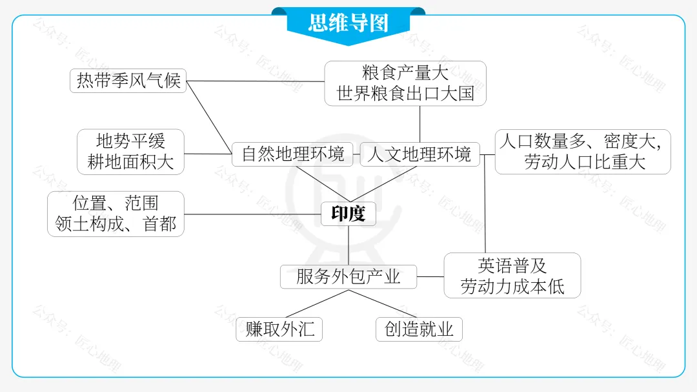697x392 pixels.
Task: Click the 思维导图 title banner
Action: tap(348, 23)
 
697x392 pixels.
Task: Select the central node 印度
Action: tap(348, 214)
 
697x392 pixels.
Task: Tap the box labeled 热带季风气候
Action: tap(128, 81)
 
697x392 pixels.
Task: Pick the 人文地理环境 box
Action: tap(419, 154)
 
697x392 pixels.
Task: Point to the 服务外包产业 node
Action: tap(348, 277)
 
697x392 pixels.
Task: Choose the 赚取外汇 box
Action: tap(279, 329)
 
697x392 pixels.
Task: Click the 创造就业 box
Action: tap(419, 329)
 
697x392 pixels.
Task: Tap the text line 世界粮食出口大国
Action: tap(405, 94)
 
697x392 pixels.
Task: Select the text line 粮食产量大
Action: tap(405, 72)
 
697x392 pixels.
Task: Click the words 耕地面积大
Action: tap(130, 162)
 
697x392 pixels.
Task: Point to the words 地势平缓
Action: tap(130, 141)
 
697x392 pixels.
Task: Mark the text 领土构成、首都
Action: tap(116, 224)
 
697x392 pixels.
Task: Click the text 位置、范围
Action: tap(116, 203)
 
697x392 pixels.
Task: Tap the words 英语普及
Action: tap(512, 265)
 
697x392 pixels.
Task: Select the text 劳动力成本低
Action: tap(512, 286)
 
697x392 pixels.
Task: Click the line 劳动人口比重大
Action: tap(584, 162)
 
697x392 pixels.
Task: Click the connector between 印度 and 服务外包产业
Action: tap(348, 245)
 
